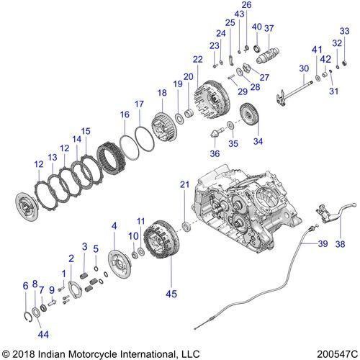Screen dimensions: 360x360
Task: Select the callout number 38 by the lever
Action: pos(341,243)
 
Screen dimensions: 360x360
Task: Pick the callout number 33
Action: pos(344,30)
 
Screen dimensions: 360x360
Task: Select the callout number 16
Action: pos(125,114)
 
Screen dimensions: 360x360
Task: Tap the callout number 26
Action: pos(246,5)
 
